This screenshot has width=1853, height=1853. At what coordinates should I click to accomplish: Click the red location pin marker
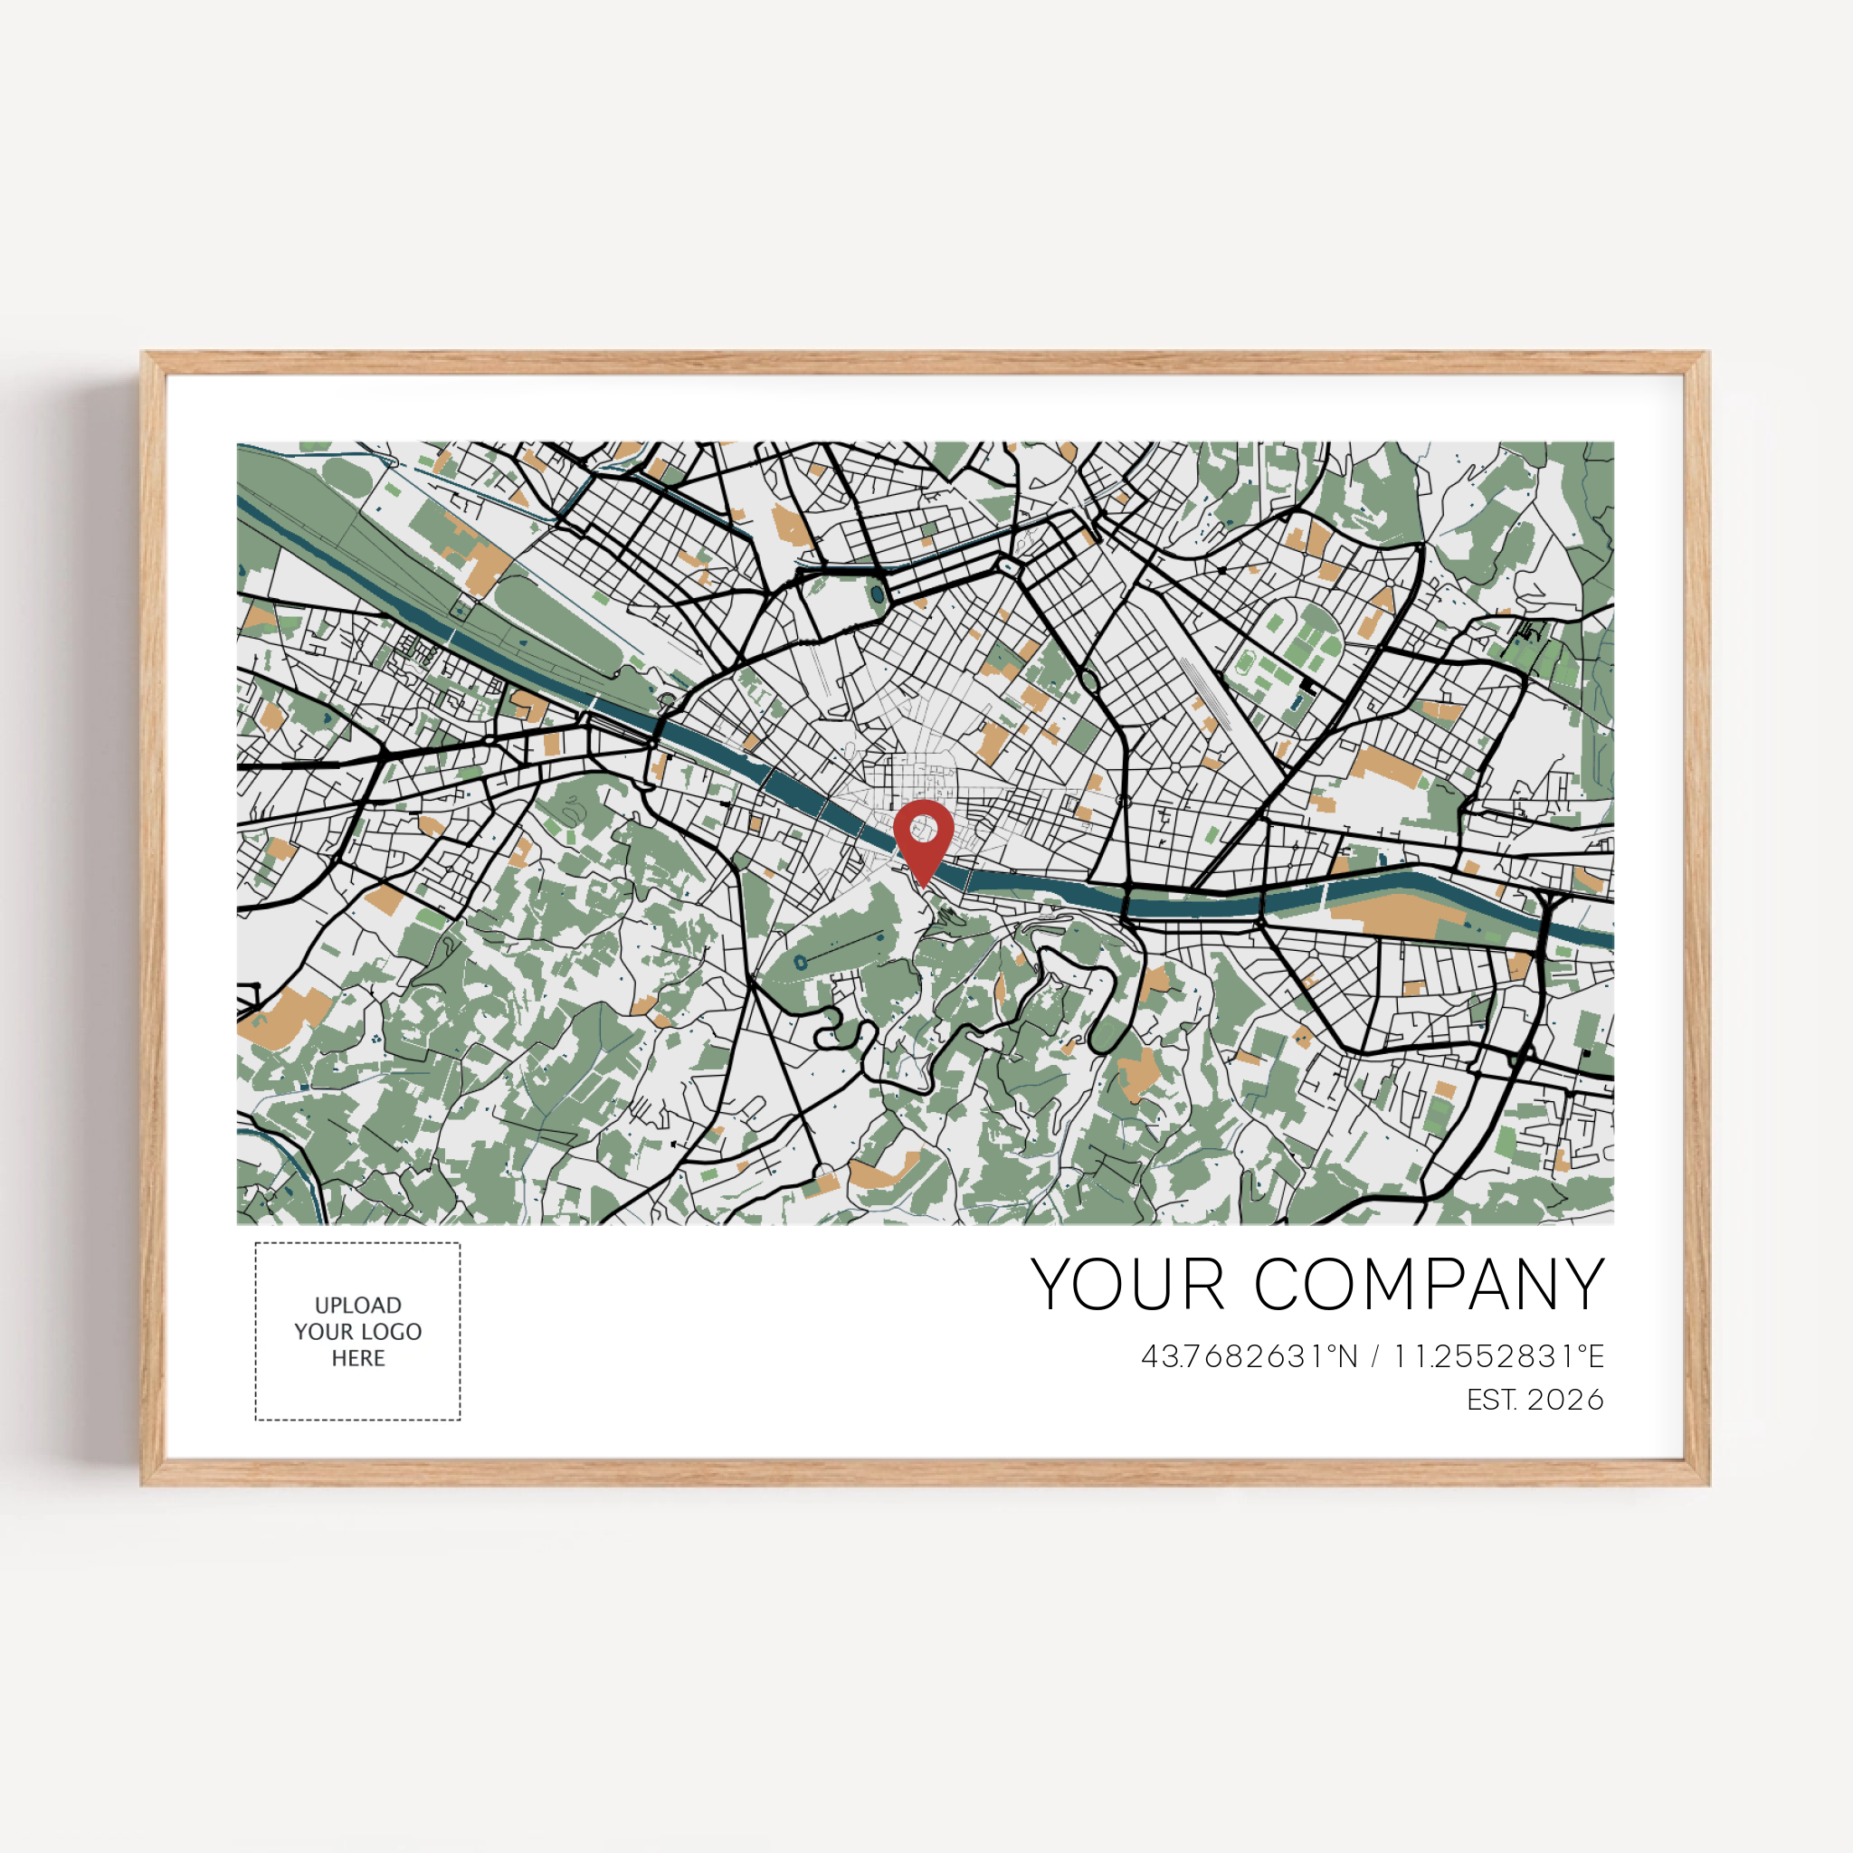(923, 841)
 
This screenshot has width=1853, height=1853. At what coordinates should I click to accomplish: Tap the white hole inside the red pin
(924, 826)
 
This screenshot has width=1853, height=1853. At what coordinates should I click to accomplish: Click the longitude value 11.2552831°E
(1498, 1356)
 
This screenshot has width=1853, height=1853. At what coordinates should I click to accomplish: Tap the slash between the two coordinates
(1375, 1356)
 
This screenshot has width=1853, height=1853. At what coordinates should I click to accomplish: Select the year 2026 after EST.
(1565, 1400)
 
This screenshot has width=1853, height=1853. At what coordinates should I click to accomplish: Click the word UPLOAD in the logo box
(357, 1306)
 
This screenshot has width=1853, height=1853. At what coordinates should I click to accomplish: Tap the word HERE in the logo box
(357, 1358)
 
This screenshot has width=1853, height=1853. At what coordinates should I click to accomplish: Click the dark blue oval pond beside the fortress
(877, 594)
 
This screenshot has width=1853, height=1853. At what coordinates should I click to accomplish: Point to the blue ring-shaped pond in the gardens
(800, 962)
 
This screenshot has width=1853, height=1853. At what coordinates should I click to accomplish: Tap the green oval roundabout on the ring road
(1088, 681)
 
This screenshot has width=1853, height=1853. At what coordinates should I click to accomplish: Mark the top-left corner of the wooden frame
(143, 353)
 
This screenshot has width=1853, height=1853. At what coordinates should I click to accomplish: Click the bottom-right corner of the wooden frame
(1708, 1484)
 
